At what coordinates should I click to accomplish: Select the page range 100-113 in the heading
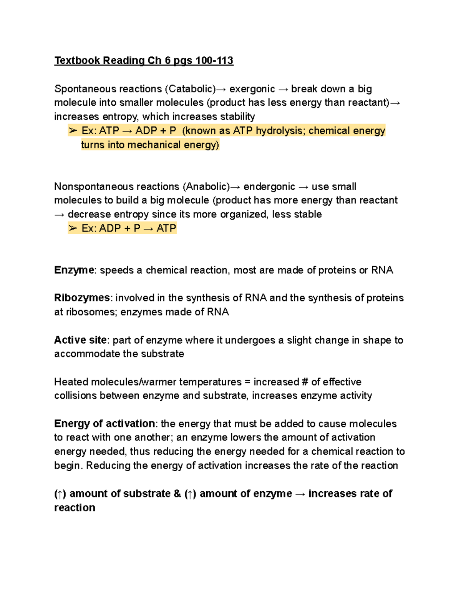tap(214, 61)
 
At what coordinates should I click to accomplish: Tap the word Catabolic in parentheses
tap(190, 89)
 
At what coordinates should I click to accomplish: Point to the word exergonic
tap(252, 89)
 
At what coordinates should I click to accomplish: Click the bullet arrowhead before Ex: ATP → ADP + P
tap(73, 131)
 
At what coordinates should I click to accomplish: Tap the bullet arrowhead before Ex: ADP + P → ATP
tap(73, 228)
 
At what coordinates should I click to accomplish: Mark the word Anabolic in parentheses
tap(206, 186)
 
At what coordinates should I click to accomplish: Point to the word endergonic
tap(269, 186)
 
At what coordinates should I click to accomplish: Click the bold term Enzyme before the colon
tap(74, 270)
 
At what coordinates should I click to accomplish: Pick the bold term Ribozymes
tap(82, 298)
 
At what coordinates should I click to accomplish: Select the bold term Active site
tap(80, 340)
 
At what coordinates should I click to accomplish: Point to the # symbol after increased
tap(305, 382)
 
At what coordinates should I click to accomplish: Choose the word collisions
tap(75, 396)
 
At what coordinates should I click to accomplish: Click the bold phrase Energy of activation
tap(104, 424)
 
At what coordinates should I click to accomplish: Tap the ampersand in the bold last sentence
tap(177, 494)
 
